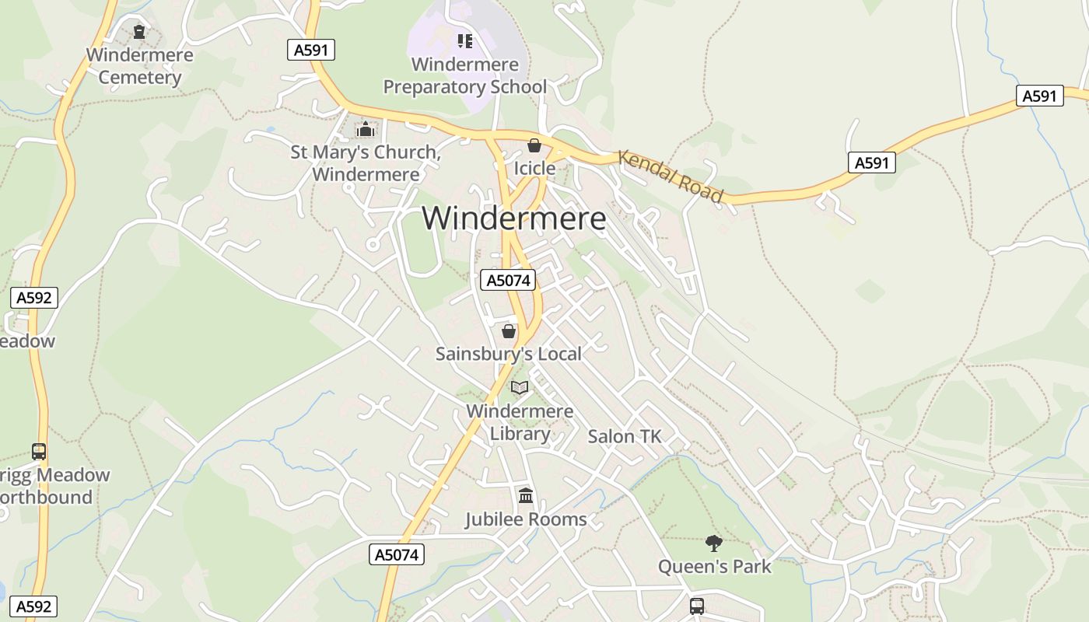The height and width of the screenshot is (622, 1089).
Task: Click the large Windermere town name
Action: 514,218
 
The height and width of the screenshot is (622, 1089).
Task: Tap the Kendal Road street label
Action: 671,176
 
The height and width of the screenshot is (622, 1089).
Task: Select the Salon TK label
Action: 625,436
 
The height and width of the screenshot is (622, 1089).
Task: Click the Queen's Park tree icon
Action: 713,543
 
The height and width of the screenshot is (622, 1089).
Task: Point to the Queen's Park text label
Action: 715,566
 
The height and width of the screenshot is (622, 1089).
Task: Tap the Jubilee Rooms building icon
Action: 526,495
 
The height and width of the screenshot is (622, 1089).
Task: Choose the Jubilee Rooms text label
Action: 526,519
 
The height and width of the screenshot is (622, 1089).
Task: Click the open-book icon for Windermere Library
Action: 520,387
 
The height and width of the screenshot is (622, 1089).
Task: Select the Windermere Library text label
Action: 520,422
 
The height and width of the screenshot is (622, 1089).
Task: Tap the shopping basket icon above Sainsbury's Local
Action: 509,331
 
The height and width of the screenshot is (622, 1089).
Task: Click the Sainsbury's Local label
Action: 509,354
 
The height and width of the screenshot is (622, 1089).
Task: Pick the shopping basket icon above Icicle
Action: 534,145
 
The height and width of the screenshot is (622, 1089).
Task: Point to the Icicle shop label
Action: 534,168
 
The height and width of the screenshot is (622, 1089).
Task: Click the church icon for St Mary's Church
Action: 366,129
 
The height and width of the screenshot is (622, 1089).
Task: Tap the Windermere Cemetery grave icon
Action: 139,32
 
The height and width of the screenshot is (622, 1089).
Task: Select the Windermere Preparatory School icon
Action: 464,40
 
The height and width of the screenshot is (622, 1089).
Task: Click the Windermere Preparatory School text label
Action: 465,75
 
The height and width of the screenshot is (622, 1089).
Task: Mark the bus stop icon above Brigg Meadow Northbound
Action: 39,451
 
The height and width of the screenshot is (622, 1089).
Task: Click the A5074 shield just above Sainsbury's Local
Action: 508,280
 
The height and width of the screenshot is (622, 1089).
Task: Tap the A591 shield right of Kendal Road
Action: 871,162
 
